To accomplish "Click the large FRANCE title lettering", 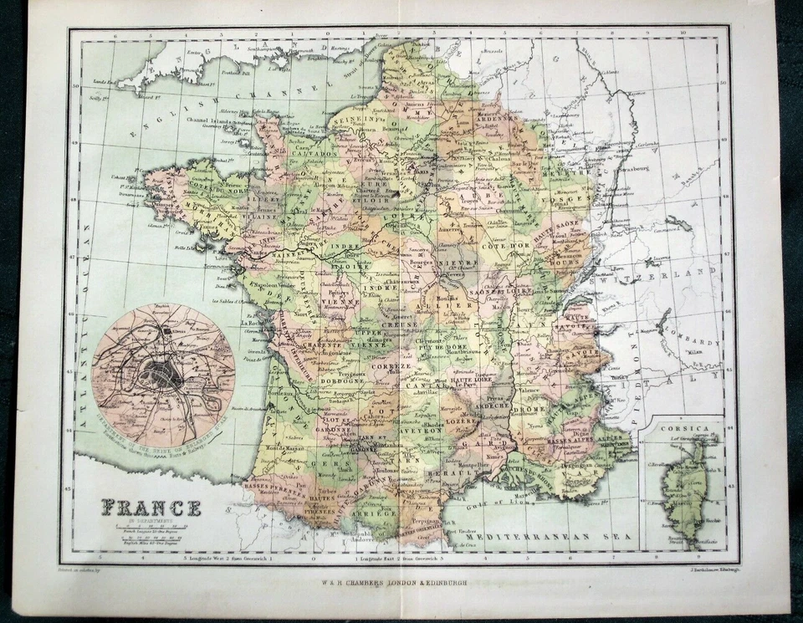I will click(x=151, y=508).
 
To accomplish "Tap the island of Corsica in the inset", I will click(x=686, y=485).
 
